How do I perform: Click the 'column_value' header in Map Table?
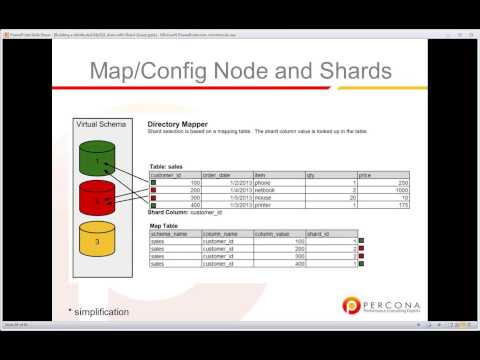coord(272,233)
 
